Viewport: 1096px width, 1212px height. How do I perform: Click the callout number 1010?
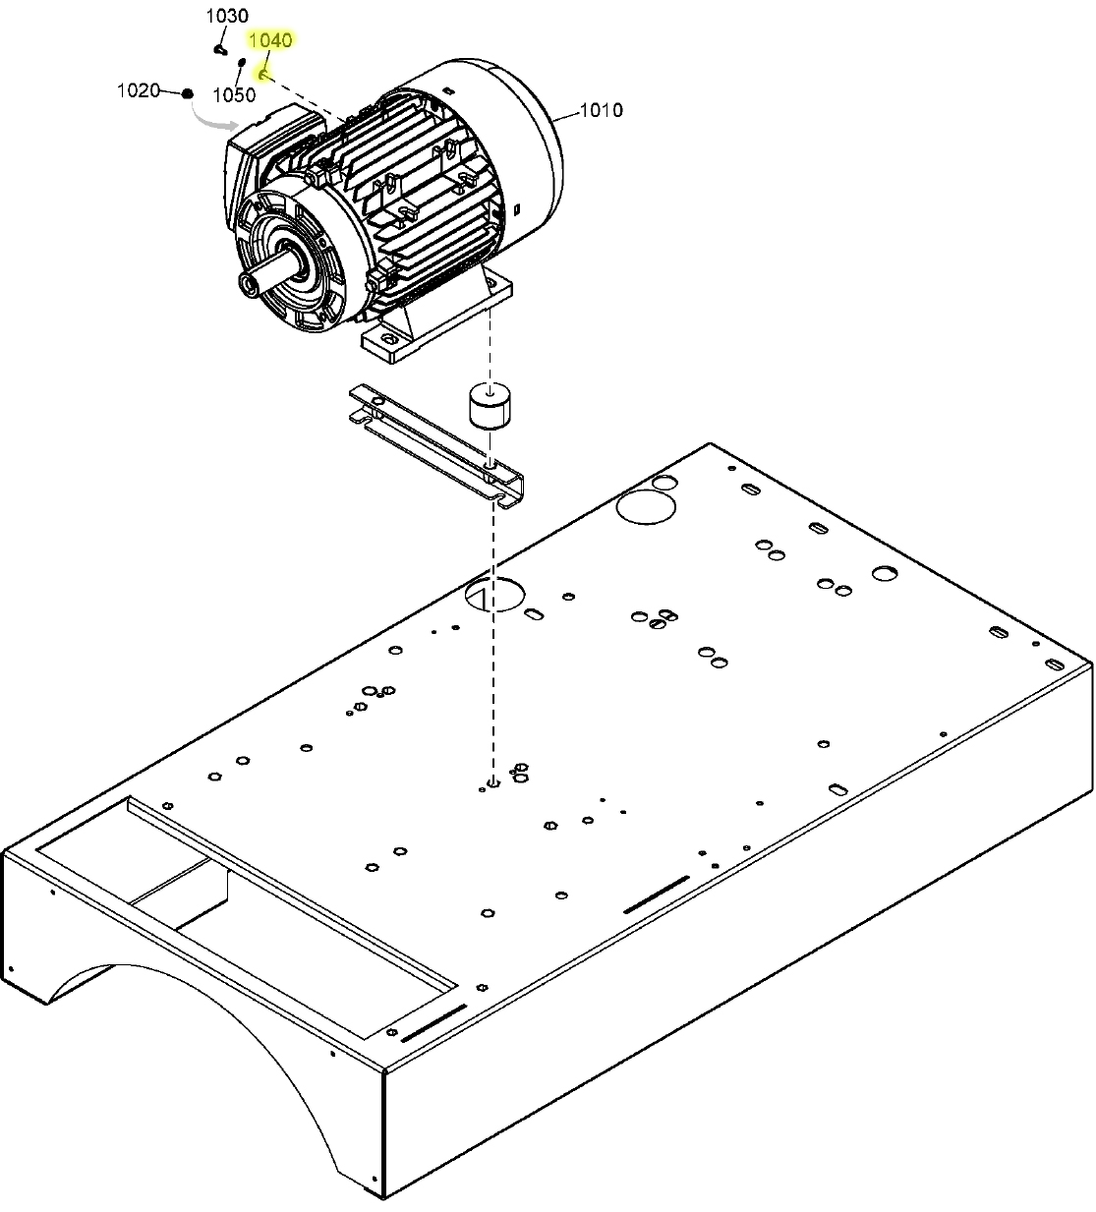[601, 110]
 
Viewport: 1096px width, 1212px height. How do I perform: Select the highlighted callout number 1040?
[270, 40]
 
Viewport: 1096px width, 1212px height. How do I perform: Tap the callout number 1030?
[227, 17]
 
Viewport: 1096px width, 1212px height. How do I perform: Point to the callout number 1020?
[138, 90]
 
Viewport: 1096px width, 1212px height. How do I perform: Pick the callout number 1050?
[234, 95]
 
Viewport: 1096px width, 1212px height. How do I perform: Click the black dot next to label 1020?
[187, 92]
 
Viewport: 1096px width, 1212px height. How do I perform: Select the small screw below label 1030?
[220, 47]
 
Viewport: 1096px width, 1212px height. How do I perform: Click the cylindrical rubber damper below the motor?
[489, 404]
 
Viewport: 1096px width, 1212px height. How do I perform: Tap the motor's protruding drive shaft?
[263, 274]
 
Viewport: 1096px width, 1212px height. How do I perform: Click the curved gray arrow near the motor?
[211, 121]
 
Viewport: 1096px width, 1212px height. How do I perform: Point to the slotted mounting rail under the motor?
[437, 442]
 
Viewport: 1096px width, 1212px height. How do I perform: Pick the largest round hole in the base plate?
[645, 505]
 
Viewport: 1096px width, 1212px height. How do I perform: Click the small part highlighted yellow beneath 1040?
[263, 75]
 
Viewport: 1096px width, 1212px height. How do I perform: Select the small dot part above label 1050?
[242, 62]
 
